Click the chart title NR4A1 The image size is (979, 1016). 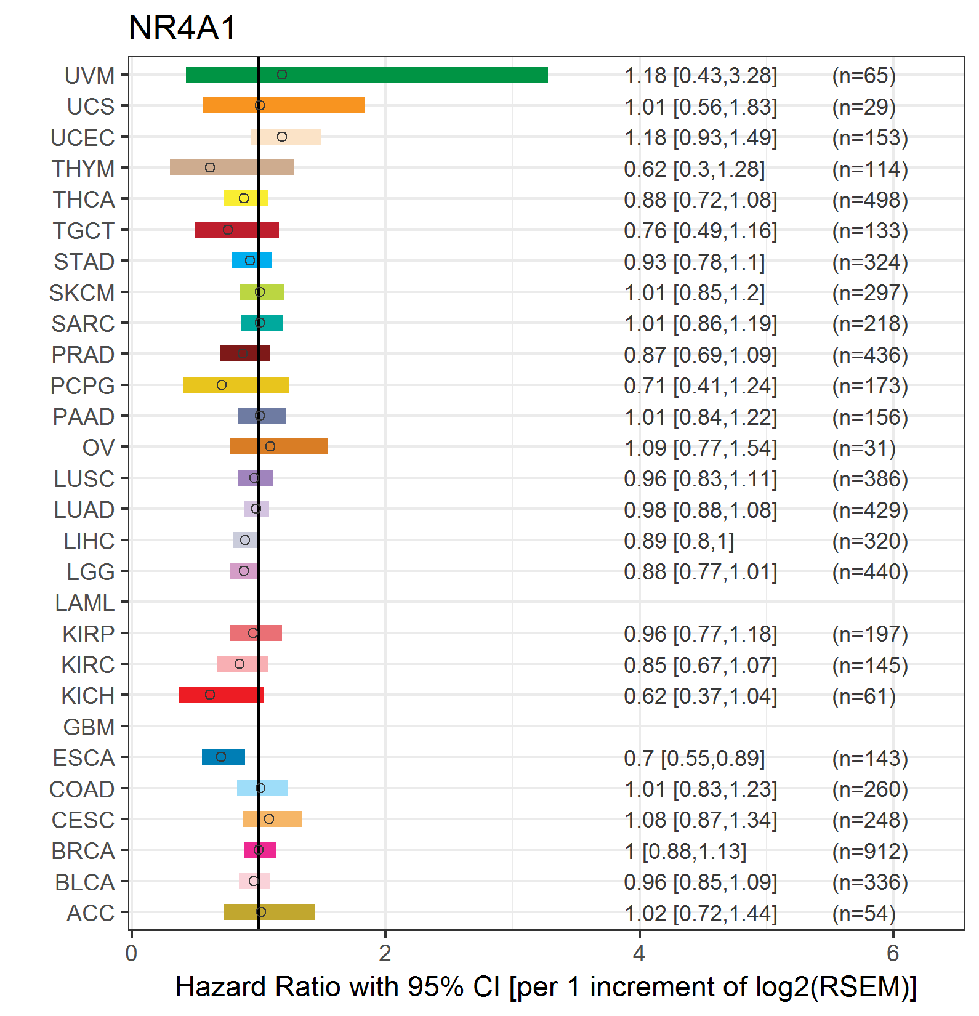pos(182,28)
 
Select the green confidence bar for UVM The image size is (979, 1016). pos(367,75)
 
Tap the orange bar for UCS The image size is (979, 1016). pos(283,105)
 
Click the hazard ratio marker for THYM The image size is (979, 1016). pos(210,167)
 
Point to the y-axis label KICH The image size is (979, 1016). pos(88,696)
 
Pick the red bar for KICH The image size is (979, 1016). pos(221,695)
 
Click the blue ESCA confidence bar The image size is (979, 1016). pos(224,757)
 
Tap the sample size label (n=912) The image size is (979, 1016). pos(870,851)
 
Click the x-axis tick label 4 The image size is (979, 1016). pos(639,953)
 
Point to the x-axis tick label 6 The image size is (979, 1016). pos(893,953)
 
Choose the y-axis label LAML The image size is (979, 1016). pos(85,603)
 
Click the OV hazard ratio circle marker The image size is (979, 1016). pos(270,446)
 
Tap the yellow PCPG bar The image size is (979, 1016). pos(236,385)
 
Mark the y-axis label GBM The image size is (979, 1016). pos(89,727)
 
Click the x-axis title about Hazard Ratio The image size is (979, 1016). pos(546,987)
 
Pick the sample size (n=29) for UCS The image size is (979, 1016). pos(864,107)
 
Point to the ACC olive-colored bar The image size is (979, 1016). pos(269,912)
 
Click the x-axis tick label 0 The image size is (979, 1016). pos(131,953)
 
